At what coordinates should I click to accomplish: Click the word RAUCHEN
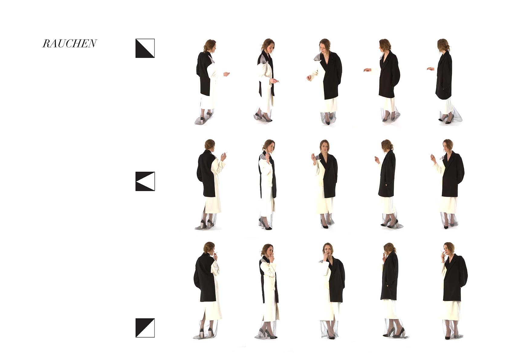(70, 44)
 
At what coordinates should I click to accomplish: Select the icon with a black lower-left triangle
(145, 48)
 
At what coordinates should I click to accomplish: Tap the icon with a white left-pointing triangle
(145, 181)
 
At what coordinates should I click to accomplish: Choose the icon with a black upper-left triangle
(145, 328)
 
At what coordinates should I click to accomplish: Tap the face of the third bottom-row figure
(327, 251)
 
